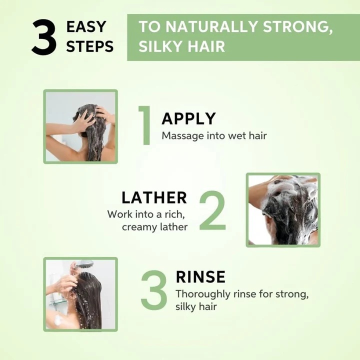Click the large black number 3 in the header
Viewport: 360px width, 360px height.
[x=44, y=37]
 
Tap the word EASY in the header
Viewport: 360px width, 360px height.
[x=86, y=26]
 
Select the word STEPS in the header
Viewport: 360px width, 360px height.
[x=90, y=46]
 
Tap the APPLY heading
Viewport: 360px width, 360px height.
[x=188, y=118]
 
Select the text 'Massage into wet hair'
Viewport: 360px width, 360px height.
[x=214, y=135]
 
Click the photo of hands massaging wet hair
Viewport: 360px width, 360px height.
[x=80, y=126]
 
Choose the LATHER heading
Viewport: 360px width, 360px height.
[x=154, y=197]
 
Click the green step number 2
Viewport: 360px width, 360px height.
[x=212, y=210]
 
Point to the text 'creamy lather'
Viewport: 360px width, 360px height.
[x=154, y=227]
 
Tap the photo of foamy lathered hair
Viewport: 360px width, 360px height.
[x=283, y=210]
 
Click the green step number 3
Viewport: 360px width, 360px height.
[x=154, y=289]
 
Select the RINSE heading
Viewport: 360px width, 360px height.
[x=200, y=277]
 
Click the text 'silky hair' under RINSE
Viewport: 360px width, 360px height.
[x=196, y=306]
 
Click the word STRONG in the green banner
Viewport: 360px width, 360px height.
[x=298, y=26]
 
